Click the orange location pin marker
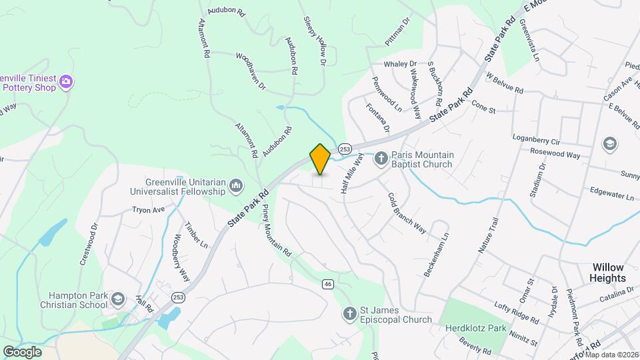click(x=320, y=159)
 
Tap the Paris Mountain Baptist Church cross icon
click(x=381, y=159)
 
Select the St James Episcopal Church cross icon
click(x=349, y=313)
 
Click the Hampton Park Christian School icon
click(x=118, y=299)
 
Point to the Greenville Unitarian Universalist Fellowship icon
click(x=236, y=186)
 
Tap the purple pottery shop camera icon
click(x=66, y=82)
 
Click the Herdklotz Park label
click(x=476, y=328)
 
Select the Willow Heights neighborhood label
click(x=608, y=272)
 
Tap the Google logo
click(x=22, y=351)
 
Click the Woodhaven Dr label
click(x=251, y=72)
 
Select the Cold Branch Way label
click(x=407, y=213)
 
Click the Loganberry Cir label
click(x=537, y=139)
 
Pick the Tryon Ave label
click(x=148, y=209)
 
